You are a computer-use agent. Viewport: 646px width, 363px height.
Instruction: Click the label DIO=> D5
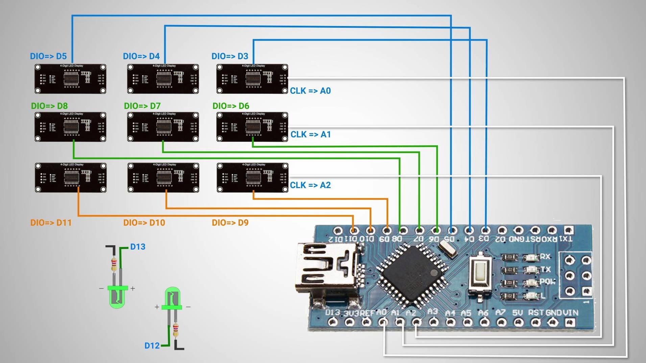(48, 56)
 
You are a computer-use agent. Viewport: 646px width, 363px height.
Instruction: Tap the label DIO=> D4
(141, 56)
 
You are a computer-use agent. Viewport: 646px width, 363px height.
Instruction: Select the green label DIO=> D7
(142, 106)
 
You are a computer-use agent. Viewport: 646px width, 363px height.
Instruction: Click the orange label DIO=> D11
(51, 223)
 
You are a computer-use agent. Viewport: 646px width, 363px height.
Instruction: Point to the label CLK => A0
(310, 91)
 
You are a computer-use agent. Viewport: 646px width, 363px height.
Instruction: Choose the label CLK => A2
(310, 185)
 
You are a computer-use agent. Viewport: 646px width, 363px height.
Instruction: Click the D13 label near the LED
(138, 247)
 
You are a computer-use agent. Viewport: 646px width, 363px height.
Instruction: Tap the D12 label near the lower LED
(152, 345)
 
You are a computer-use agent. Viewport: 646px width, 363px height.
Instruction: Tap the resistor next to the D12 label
(176, 330)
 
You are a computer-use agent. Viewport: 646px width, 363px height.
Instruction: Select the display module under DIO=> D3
(252, 79)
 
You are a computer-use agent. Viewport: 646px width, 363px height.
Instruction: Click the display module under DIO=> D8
(70, 127)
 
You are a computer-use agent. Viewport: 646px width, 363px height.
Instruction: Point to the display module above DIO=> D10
(163, 178)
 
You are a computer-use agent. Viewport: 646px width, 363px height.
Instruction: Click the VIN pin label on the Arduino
(571, 313)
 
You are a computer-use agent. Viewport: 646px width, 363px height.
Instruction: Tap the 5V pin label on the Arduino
(517, 313)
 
